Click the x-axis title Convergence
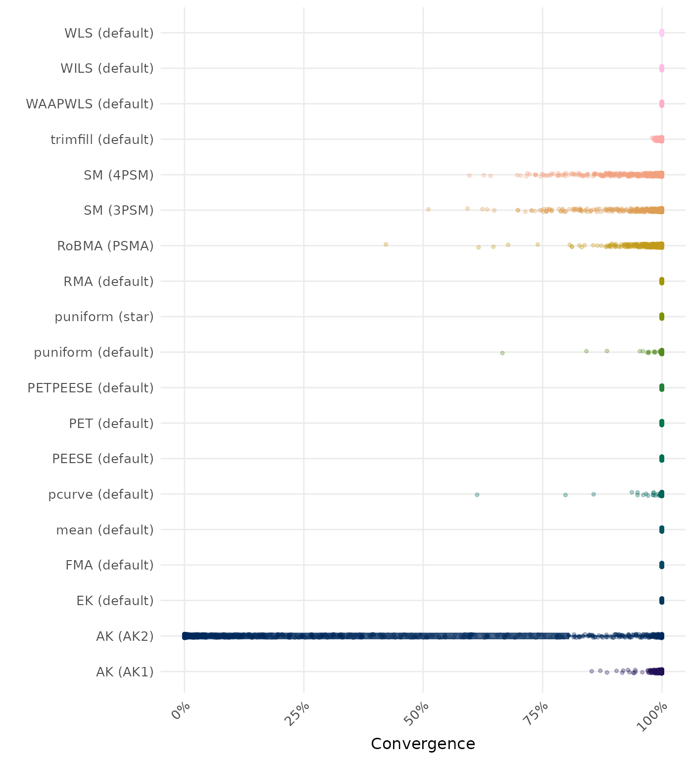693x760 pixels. [x=423, y=744]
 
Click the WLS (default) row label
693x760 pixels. [x=109, y=33]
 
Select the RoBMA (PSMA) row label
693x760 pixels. [x=105, y=246]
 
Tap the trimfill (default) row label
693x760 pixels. [x=102, y=140]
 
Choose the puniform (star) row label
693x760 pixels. [x=104, y=317]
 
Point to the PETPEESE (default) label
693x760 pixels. [x=91, y=388]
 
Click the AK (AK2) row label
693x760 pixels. [x=125, y=636]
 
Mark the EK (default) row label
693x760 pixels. [x=115, y=601]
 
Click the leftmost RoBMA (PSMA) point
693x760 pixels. [x=386, y=244]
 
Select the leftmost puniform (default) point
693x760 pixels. [x=502, y=353]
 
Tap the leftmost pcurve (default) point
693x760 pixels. [x=477, y=495]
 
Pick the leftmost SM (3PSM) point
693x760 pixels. [x=428, y=209]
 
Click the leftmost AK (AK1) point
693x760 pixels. [x=592, y=671]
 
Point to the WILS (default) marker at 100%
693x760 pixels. [x=662, y=68]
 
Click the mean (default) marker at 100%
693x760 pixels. [x=662, y=530]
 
